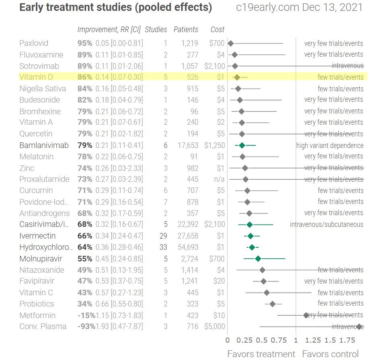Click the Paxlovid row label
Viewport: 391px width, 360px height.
coord(34,43)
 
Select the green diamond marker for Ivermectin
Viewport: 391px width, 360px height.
coord(251,236)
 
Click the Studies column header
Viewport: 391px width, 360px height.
coord(156,29)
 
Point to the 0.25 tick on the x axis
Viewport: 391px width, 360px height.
coord(245,340)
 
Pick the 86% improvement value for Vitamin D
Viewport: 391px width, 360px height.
coord(85,77)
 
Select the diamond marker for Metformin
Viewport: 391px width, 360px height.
coord(306,316)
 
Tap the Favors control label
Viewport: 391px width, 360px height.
coord(330,354)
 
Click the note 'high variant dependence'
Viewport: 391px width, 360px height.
coord(330,146)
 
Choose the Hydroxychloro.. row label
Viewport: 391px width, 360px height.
coord(46,247)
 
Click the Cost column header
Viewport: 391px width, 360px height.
coord(217,29)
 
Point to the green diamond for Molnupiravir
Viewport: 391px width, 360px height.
coord(258,259)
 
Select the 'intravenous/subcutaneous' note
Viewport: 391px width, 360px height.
coord(327,224)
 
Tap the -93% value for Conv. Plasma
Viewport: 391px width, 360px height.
coord(86,327)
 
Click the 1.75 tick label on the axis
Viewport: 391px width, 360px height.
coord(347,340)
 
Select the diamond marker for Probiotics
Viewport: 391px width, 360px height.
coord(272,304)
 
